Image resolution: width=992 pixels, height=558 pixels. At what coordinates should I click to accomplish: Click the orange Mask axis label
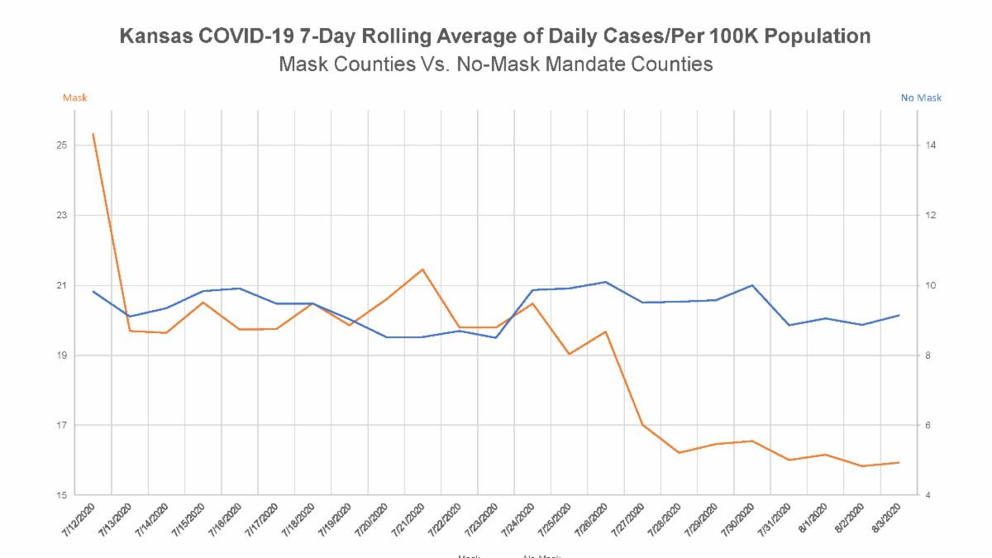[x=74, y=98]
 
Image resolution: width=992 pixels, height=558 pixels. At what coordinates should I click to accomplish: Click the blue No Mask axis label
[x=920, y=98]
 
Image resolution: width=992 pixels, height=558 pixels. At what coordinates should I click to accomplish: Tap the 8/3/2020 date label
[x=885, y=519]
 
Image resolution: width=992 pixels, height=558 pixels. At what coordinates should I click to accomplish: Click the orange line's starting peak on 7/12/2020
[x=93, y=134]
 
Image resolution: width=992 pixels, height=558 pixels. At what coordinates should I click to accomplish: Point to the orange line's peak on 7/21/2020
[x=422, y=269]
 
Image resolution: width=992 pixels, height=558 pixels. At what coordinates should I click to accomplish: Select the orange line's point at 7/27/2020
[x=642, y=425]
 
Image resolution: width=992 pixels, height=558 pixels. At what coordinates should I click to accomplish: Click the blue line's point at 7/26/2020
[x=606, y=282]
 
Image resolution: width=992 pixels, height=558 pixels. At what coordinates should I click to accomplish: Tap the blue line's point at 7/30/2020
[x=752, y=285]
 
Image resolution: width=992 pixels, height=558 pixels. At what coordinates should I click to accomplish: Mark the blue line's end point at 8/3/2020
[x=899, y=315]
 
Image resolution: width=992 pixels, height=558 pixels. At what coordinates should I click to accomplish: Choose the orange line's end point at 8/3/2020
[x=899, y=463]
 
